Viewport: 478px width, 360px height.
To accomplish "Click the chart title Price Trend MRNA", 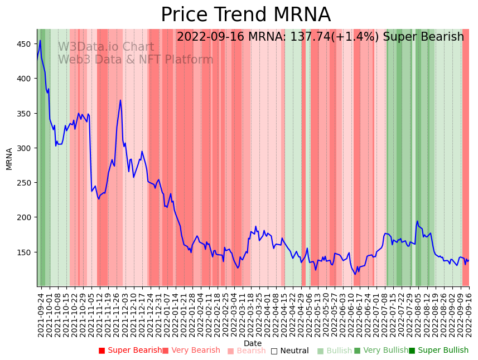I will point(245,15).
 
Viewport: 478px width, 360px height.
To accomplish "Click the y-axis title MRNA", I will point(9,158).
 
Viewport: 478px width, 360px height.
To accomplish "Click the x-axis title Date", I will point(253,344).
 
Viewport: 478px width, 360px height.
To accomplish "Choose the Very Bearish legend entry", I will point(191,351).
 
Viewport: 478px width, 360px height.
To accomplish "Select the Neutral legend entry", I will point(289,351).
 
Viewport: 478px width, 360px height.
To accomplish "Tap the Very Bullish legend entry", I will point(381,351).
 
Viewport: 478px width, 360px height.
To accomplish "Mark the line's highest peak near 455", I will point(40,40).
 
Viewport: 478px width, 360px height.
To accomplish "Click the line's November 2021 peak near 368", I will point(120,100).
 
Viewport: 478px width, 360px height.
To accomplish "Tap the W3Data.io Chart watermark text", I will point(106,47).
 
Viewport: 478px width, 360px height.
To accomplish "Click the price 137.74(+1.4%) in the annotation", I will point(334,37).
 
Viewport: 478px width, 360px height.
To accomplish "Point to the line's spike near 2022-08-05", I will point(417,221).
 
